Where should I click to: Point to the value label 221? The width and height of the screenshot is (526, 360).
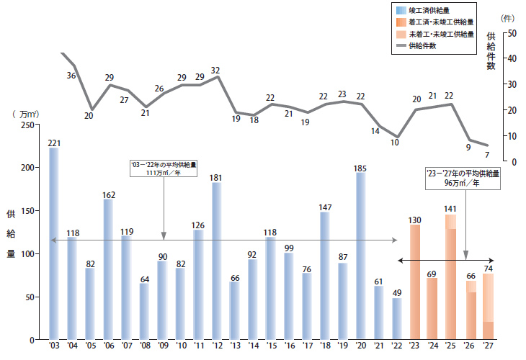54,143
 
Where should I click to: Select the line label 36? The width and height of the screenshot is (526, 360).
71,75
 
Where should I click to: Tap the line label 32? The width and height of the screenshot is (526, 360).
215,70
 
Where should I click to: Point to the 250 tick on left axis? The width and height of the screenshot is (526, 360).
28,125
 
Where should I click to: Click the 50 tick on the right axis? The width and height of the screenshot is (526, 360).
512,33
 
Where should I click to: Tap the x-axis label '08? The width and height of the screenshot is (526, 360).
144,346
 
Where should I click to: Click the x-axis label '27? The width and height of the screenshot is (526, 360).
487,346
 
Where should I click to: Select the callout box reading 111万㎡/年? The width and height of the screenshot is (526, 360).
164,169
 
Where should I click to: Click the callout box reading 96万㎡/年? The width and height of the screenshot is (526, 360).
463,178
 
